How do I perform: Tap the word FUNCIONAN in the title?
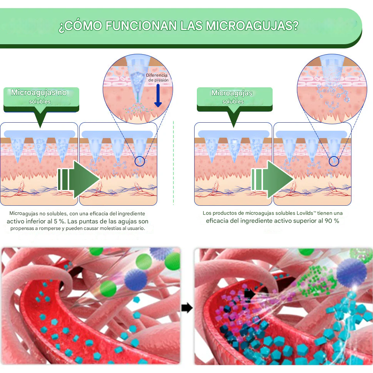tap(141, 26)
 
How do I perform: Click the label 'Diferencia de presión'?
tap(157, 78)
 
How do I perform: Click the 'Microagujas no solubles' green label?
tap(41, 100)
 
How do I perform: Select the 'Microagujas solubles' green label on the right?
tap(235, 100)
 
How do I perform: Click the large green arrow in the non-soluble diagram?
tap(78, 180)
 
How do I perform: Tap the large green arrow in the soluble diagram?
tap(272, 180)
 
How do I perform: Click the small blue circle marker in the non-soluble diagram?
tap(140, 161)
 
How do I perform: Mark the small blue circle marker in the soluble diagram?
tap(334, 161)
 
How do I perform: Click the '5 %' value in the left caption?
tap(59, 221)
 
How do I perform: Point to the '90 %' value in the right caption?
tap(332, 221)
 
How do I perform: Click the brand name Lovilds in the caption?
tap(305, 213)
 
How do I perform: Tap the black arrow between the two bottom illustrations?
tap(187, 308)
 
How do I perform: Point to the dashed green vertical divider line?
tap(173, 163)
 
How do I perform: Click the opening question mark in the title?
tap(61, 27)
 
